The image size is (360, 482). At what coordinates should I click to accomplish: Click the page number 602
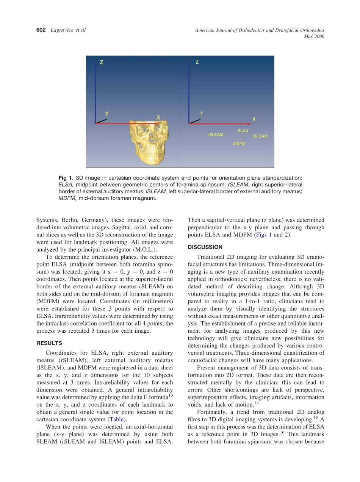[41, 30]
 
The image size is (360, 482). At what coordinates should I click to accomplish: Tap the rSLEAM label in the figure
[216, 135]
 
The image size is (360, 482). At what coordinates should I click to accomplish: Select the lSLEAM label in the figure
[260, 136]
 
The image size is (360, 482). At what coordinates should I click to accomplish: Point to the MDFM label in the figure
[239, 144]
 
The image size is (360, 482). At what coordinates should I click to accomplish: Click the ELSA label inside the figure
[243, 131]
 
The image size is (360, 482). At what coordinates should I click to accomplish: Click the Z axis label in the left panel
[102, 63]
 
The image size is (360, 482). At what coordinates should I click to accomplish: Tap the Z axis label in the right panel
[197, 62]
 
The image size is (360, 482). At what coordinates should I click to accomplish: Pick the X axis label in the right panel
[254, 119]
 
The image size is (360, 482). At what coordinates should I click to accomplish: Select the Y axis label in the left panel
[107, 113]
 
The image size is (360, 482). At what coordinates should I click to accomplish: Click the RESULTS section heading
[49, 343]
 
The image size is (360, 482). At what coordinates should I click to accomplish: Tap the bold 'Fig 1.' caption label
[66, 178]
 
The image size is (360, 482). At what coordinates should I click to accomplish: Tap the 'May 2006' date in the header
[314, 36]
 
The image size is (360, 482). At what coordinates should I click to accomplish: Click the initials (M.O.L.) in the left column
[143, 249]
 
